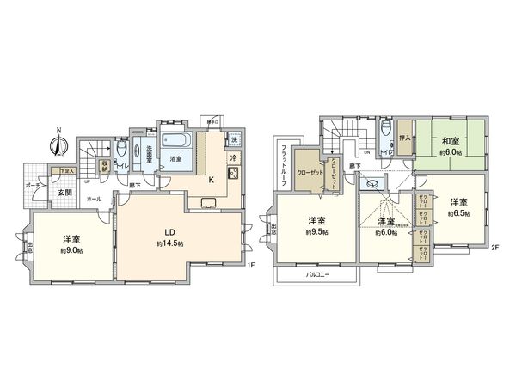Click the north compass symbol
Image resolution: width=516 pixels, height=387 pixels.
pos(58,144)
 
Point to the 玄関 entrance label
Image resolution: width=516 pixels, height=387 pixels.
pos(65,193)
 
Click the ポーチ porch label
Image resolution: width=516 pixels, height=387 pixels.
pos(32,186)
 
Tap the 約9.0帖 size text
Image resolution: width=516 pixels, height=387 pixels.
pos(73,250)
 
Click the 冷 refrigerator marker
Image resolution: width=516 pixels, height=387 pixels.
pos(233,159)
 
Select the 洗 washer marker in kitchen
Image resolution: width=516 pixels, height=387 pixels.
pos(234,139)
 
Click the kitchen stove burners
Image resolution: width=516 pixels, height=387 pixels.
pos(232,175)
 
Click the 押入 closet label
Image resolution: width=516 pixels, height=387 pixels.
pos(404,136)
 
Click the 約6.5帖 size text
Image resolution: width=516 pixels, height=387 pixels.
pos(458,213)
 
